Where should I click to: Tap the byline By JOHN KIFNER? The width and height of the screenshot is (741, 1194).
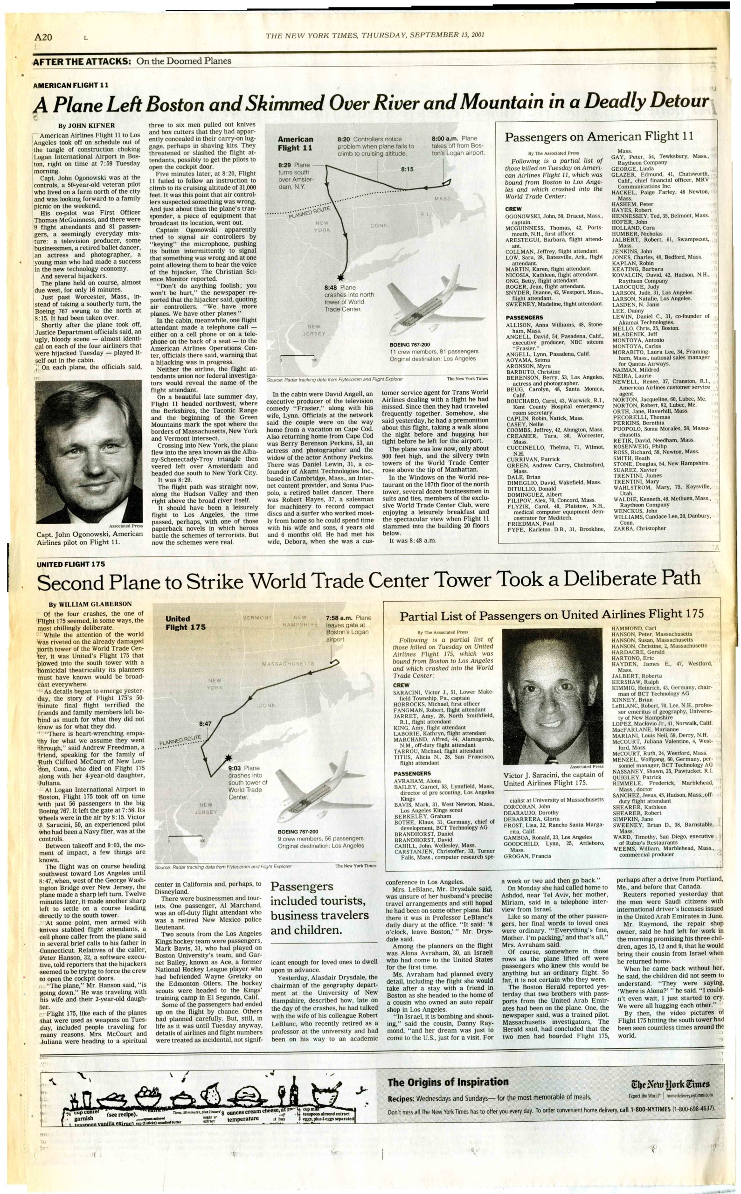point(87,125)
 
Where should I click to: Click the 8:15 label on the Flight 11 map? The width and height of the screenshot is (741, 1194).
point(407,169)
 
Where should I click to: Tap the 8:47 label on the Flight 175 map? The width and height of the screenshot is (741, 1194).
point(205,723)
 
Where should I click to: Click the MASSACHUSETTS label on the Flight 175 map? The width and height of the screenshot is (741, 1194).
point(288,664)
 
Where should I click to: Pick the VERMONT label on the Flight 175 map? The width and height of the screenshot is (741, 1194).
point(257,618)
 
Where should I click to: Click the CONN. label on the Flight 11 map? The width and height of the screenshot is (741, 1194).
point(380,226)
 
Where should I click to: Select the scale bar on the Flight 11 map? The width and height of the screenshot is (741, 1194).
point(298,355)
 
